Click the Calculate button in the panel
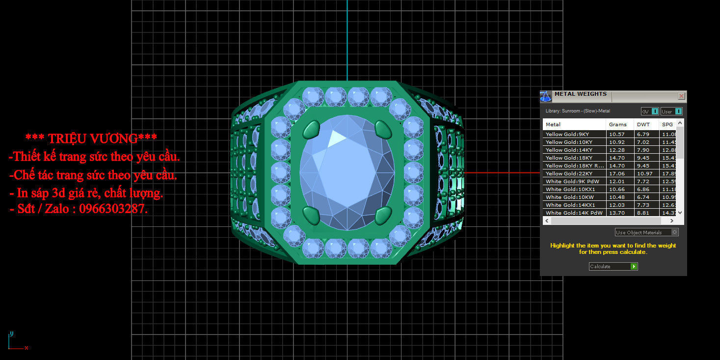click(613, 266)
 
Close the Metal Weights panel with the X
click(681, 96)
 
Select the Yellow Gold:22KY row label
click(569, 173)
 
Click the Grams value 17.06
click(617, 173)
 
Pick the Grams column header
click(617, 124)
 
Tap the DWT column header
click(643, 124)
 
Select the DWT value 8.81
click(643, 213)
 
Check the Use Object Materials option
click(647, 232)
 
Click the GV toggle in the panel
click(650, 111)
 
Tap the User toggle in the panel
click(671, 111)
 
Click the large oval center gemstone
click(347, 171)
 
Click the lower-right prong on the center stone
click(383, 215)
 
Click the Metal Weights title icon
click(546, 96)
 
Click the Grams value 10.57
click(617, 134)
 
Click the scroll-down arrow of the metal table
click(680, 213)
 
